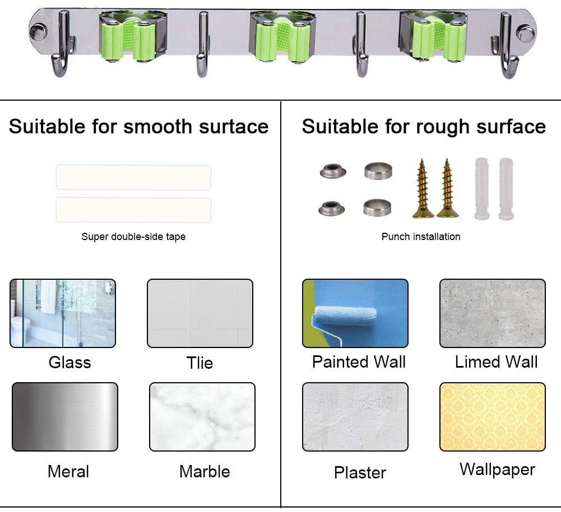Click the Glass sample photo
point(63,313)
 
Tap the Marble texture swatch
point(202,417)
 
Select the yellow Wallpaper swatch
point(493,417)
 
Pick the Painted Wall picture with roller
point(355,313)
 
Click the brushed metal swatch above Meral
point(65,417)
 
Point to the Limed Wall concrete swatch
point(493,313)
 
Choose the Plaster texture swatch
point(355,417)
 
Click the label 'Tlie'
point(200,363)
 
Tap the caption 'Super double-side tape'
point(133,237)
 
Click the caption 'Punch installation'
point(421,237)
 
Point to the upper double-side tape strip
point(133,177)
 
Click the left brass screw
point(423,189)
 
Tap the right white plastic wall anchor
point(506,189)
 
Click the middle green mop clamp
point(282,37)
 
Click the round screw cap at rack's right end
point(525,34)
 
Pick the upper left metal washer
point(333,171)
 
